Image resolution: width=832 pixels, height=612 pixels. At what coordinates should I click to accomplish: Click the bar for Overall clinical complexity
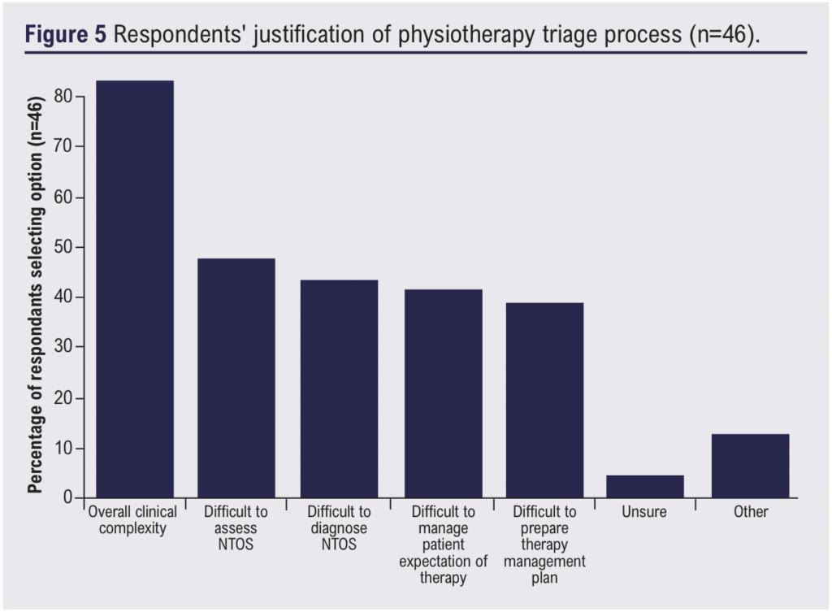[135, 289]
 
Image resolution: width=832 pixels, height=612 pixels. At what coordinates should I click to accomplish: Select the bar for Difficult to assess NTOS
[236, 378]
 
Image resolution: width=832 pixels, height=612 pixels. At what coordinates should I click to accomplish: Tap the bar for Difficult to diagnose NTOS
[339, 388]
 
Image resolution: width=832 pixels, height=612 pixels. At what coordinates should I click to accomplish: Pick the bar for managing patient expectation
[443, 393]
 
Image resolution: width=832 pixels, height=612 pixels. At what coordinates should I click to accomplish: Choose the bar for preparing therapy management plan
[544, 400]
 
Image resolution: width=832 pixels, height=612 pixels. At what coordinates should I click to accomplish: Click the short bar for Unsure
[645, 486]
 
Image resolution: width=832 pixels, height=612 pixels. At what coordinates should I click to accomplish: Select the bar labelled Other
[749, 466]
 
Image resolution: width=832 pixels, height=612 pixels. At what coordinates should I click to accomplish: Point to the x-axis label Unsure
[645, 513]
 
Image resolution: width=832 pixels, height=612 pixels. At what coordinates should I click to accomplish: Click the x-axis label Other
[749, 513]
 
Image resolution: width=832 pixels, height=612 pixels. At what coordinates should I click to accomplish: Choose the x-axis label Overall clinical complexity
[132, 520]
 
